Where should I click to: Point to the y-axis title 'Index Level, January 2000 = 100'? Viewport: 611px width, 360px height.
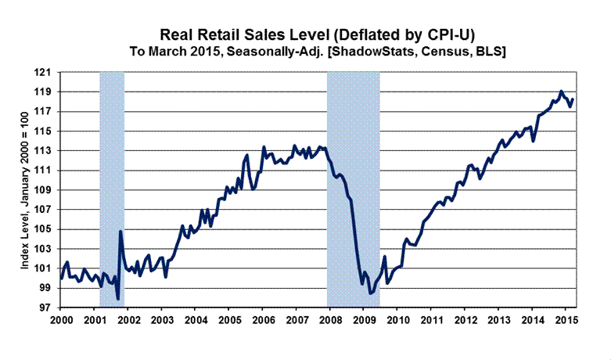(x=26, y=189)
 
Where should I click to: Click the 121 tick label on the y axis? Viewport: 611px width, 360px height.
(x=49, y=72)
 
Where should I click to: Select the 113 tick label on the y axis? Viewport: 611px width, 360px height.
(x=49, y=151)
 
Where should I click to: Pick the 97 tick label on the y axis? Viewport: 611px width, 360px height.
(x=49, y=308)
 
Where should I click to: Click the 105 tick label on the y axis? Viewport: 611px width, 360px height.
(x=49, y=229)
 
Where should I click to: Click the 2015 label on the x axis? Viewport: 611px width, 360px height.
(x=566, y=321)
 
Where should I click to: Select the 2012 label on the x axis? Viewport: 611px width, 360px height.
(x=465, y=321)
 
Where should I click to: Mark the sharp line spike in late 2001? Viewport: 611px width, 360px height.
(x=120, y=231)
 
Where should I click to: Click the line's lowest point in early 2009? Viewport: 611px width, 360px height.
(x=370, y=294)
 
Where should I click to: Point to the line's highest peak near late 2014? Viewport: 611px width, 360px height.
(x=561, y=92)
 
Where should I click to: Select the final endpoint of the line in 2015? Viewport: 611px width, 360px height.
(x=573, y=99)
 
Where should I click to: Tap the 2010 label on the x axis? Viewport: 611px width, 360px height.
(x=397, y=321)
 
